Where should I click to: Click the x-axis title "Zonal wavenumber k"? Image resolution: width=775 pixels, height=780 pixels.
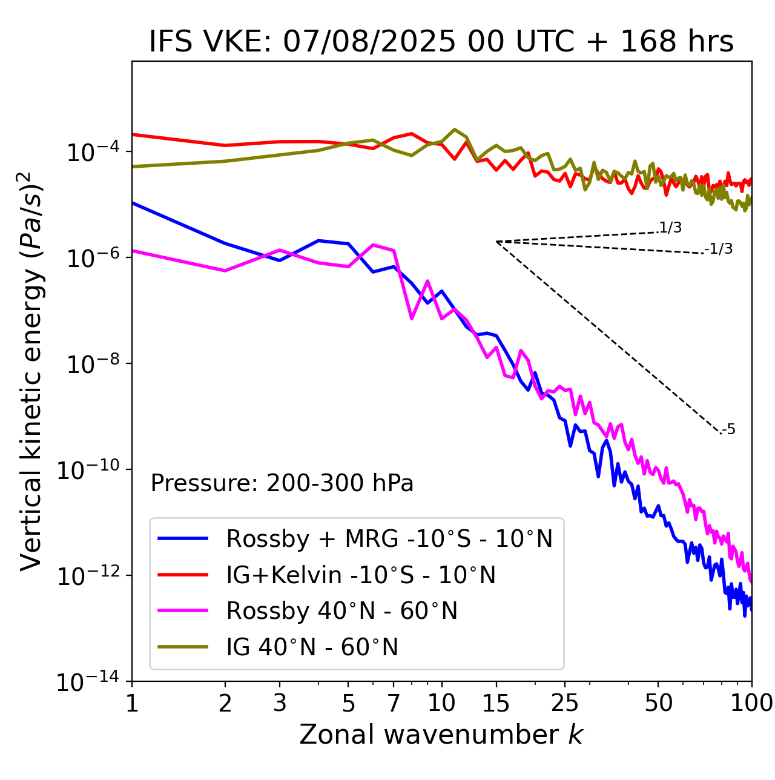click(x=441, y=735)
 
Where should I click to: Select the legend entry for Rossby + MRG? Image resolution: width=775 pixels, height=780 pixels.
click(x=389, y=538)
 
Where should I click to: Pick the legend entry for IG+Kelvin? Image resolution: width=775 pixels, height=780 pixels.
click(x=361, y=575)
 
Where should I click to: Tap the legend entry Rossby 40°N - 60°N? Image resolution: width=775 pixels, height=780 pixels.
click(x=341, y=611)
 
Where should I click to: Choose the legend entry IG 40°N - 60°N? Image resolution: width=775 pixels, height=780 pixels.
click(x=312, y=647)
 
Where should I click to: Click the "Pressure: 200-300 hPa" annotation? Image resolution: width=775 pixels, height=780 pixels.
click(x=282, y=483)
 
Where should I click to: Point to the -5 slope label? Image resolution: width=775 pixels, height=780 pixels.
click(x=729, y=430)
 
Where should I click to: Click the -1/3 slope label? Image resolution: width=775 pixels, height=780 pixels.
click(x=719, y=249)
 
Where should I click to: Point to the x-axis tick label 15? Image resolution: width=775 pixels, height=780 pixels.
click(x=496, y=703)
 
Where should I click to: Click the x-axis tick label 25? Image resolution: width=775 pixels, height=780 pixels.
click(x=564, y=703)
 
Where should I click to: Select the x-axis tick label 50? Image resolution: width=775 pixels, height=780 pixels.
click(x=658, y=703)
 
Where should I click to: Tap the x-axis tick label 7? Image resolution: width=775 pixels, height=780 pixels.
click(x=394, y=703)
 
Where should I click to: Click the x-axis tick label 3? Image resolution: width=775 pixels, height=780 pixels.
click(x=280, y=703)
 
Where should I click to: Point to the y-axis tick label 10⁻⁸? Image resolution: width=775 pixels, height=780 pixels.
click(x=91, y=364)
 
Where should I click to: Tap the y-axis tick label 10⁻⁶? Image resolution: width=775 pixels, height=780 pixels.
click(x=91, y=258)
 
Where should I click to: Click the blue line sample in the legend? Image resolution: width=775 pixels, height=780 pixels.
click(x=183, y=538)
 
